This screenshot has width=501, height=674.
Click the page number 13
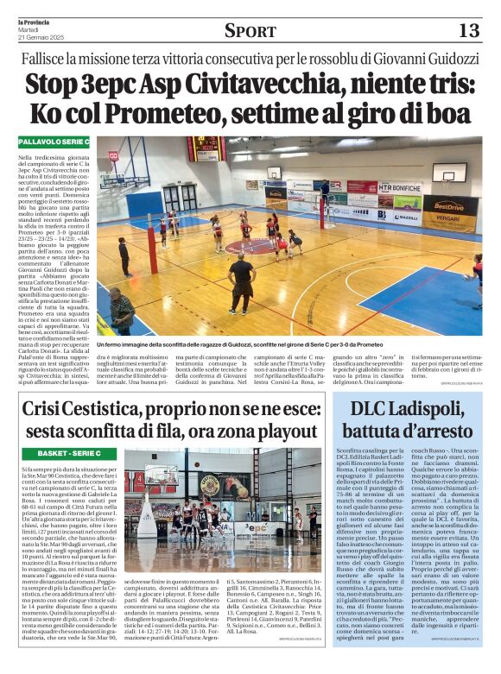point(468,31)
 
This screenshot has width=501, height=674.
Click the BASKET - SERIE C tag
point(70,453)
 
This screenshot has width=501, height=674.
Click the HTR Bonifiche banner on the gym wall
point(399,187)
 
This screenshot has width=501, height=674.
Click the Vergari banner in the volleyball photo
point(447,222)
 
